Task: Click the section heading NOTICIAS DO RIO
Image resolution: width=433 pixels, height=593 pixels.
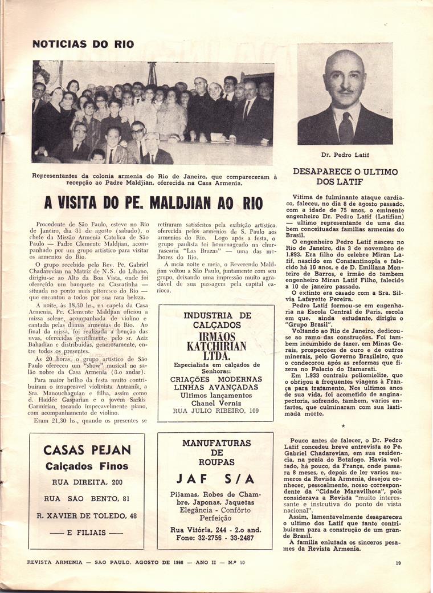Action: [x=76, y=44]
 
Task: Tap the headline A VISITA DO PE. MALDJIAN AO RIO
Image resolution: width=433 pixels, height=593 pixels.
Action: [x=153, y=202]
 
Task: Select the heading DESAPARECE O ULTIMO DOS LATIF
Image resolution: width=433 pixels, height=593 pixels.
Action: [x=345, y=176]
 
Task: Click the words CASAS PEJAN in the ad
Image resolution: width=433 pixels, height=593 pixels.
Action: [x=87, y=450]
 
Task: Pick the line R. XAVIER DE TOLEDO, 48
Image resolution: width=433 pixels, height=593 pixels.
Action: [x=87, y=515]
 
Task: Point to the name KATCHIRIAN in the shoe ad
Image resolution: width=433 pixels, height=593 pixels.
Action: [x=216, y=346]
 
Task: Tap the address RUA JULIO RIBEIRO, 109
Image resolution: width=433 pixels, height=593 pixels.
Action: [x=215, y=411]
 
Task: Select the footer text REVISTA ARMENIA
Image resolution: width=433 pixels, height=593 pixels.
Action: [x=55, y=563]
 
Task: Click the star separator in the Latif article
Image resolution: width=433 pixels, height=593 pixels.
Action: [x=343, y=425]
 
